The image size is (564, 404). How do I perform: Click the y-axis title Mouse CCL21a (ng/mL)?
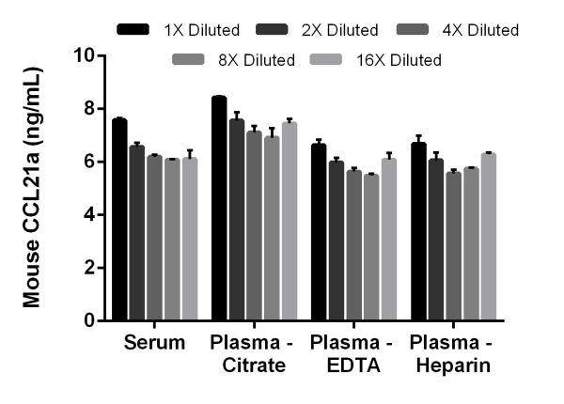pyautogui.click(x=32, y=188)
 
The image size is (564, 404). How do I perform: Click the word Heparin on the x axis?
pyautogui.click(x=455, y=365)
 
